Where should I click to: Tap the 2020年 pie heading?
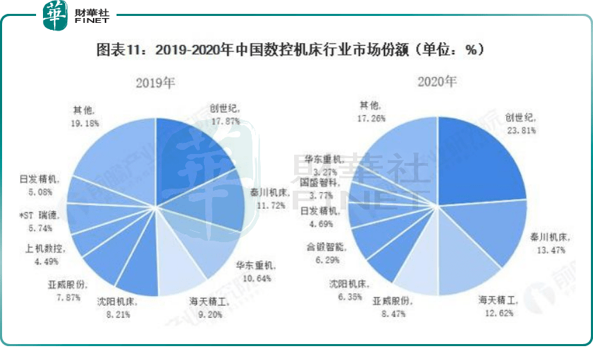[437, 82]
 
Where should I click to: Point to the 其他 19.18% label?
[86, 115]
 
